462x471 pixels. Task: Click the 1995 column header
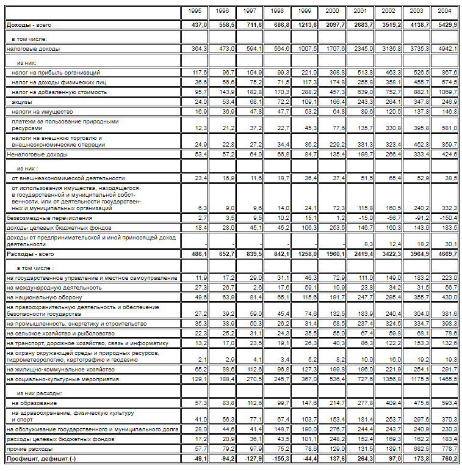coord(195,11)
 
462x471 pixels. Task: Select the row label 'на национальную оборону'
coord(48,297)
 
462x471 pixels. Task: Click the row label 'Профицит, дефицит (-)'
coord(41,458)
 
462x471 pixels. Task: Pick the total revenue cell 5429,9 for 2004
coord(448,25)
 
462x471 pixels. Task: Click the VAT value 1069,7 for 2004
coord(448,92)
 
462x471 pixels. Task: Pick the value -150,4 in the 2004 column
coord(448,217)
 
